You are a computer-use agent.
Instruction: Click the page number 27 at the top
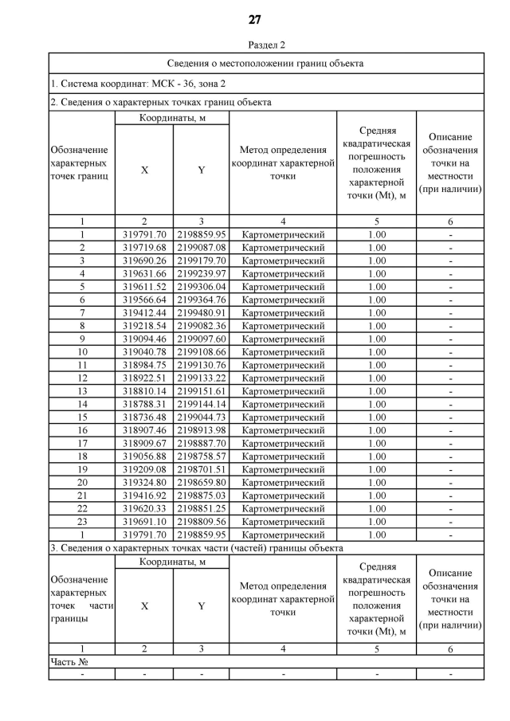pyautogui.click(x=255, y=20)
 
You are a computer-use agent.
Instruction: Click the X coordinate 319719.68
pyautogui.click(x=144, y=248)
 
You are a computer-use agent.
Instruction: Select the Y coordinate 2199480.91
pyautogui.click(x=202, y=313)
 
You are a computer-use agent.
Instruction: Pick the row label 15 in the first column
pyautogui.click(x=82, y=417)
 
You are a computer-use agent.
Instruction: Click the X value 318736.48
pyautogui.click(x=144, y=417)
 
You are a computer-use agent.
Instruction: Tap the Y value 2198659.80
pyautogui.click(x=202, y=482)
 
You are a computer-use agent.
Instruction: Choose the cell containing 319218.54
pyautogui.click(x=144, y=326)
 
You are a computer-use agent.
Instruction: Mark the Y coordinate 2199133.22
pyautogui.click(x=202, y=378)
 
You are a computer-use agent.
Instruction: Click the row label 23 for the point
pyautogui.click(x=82, y=521)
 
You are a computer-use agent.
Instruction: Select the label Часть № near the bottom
pyautogui.click(x=69, y=661)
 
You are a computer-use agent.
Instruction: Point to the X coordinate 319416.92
pyautogui.click(x=144, y=495)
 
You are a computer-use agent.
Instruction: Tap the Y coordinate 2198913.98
pyautogui.click(x=202, y=430)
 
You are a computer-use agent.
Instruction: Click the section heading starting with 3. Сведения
pyautogui.click(x=197, y=548)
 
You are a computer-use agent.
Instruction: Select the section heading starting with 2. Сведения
pyautogui.click(x=160, y=102)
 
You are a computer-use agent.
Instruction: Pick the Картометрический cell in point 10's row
pyautogui.click(x=283, y=352)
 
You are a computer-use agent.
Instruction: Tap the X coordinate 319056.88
pyautogui.click(x=144, y=456)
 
